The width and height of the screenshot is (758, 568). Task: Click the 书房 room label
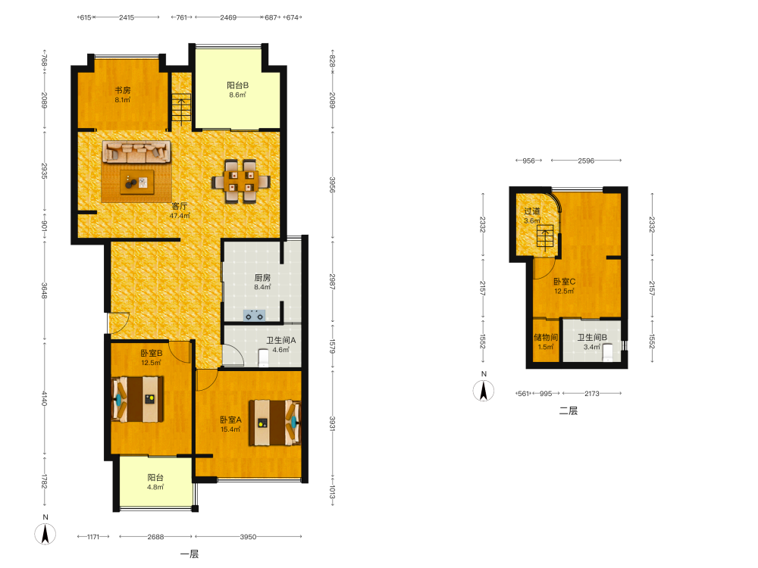tap(123, 90)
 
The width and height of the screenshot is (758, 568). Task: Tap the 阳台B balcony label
tap(238, 86)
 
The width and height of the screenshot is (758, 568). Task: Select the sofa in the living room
tap(136, 151)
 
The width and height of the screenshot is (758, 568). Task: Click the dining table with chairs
tap(241, 181)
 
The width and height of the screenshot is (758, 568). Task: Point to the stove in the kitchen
tap(254, 316)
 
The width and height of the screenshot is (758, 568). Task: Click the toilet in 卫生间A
tap(264, 358)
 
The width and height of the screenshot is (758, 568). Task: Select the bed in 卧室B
tap(138, 399)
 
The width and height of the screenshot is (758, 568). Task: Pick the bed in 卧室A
tap(275, 423)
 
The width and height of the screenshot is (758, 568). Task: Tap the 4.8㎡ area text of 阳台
tap(155, 487)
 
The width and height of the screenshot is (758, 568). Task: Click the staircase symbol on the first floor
tap(182, 110)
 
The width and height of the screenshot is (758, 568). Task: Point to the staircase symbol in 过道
tap(545, 237)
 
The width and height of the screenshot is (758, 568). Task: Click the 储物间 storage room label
tap(546, 337)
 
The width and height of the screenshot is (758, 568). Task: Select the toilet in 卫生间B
tap(608, 352)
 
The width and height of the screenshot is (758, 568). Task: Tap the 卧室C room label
tap(565, 282)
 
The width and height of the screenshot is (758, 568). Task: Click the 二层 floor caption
tap(568, 411)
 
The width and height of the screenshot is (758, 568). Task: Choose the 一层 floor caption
tap(189, 554)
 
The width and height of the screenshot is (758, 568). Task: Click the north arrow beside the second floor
tap(484, 390)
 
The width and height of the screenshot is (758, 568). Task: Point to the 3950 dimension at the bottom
tap(248, 537)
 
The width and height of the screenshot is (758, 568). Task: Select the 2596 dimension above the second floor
tap(586, 161)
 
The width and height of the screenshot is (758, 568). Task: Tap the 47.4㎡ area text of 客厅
tap(180, 216)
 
